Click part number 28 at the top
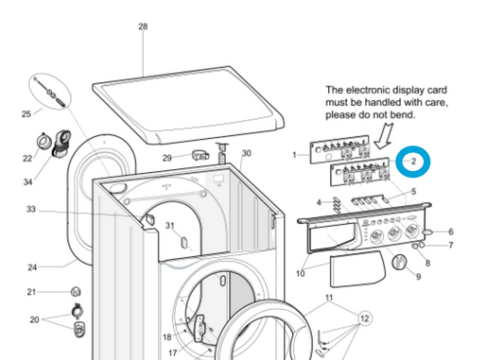[x=143, y=27]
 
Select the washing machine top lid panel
[x=190, y=103]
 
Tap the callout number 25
[x=26, y=114]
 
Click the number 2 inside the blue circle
[x=413, y=163]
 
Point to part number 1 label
[x=294, y=155]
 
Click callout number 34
[x=27, y=181]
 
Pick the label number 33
[x=30, y=209]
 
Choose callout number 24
[x=31, y=267]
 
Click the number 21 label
[x=30, y=292]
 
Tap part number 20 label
[x=34, y=319]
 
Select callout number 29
[x=166, y=158]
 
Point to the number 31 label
[x=170, y=225]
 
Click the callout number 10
[x=300, y=275]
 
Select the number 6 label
[x=450, y=231]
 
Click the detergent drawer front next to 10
[x=355, y=270]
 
